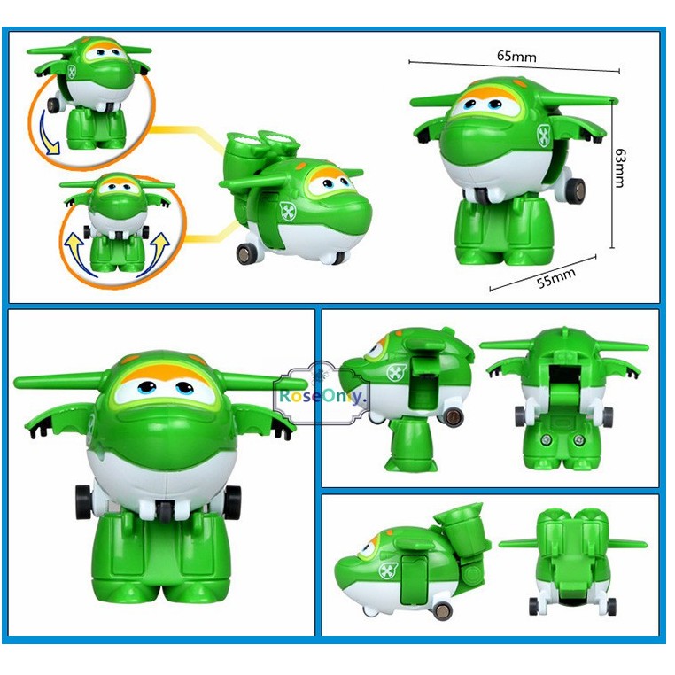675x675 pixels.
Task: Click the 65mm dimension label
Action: click(x=516, y=56)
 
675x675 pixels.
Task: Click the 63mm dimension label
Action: click(x=619, y=168)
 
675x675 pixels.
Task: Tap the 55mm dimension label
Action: click(x=556, y=278)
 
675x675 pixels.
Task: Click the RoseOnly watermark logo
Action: click(x=322, y=394)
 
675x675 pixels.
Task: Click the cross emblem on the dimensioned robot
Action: click(x=545, y=136)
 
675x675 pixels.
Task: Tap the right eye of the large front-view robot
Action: click(x=185, y=388)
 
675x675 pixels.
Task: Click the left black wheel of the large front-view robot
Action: click(x=82, y=500)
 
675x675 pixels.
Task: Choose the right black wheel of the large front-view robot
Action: click(x=232, y=500)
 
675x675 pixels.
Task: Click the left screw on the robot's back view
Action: click(x=547, y=439)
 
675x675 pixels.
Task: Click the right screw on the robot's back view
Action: click(x=579, y=439)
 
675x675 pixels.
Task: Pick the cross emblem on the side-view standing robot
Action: click(x=396, y=373)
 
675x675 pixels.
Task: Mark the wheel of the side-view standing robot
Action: click(x=454, y=417)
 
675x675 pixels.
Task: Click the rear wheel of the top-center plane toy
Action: click(x=246, y=253)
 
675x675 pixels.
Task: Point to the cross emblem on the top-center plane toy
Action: click(x=287, y=211)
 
